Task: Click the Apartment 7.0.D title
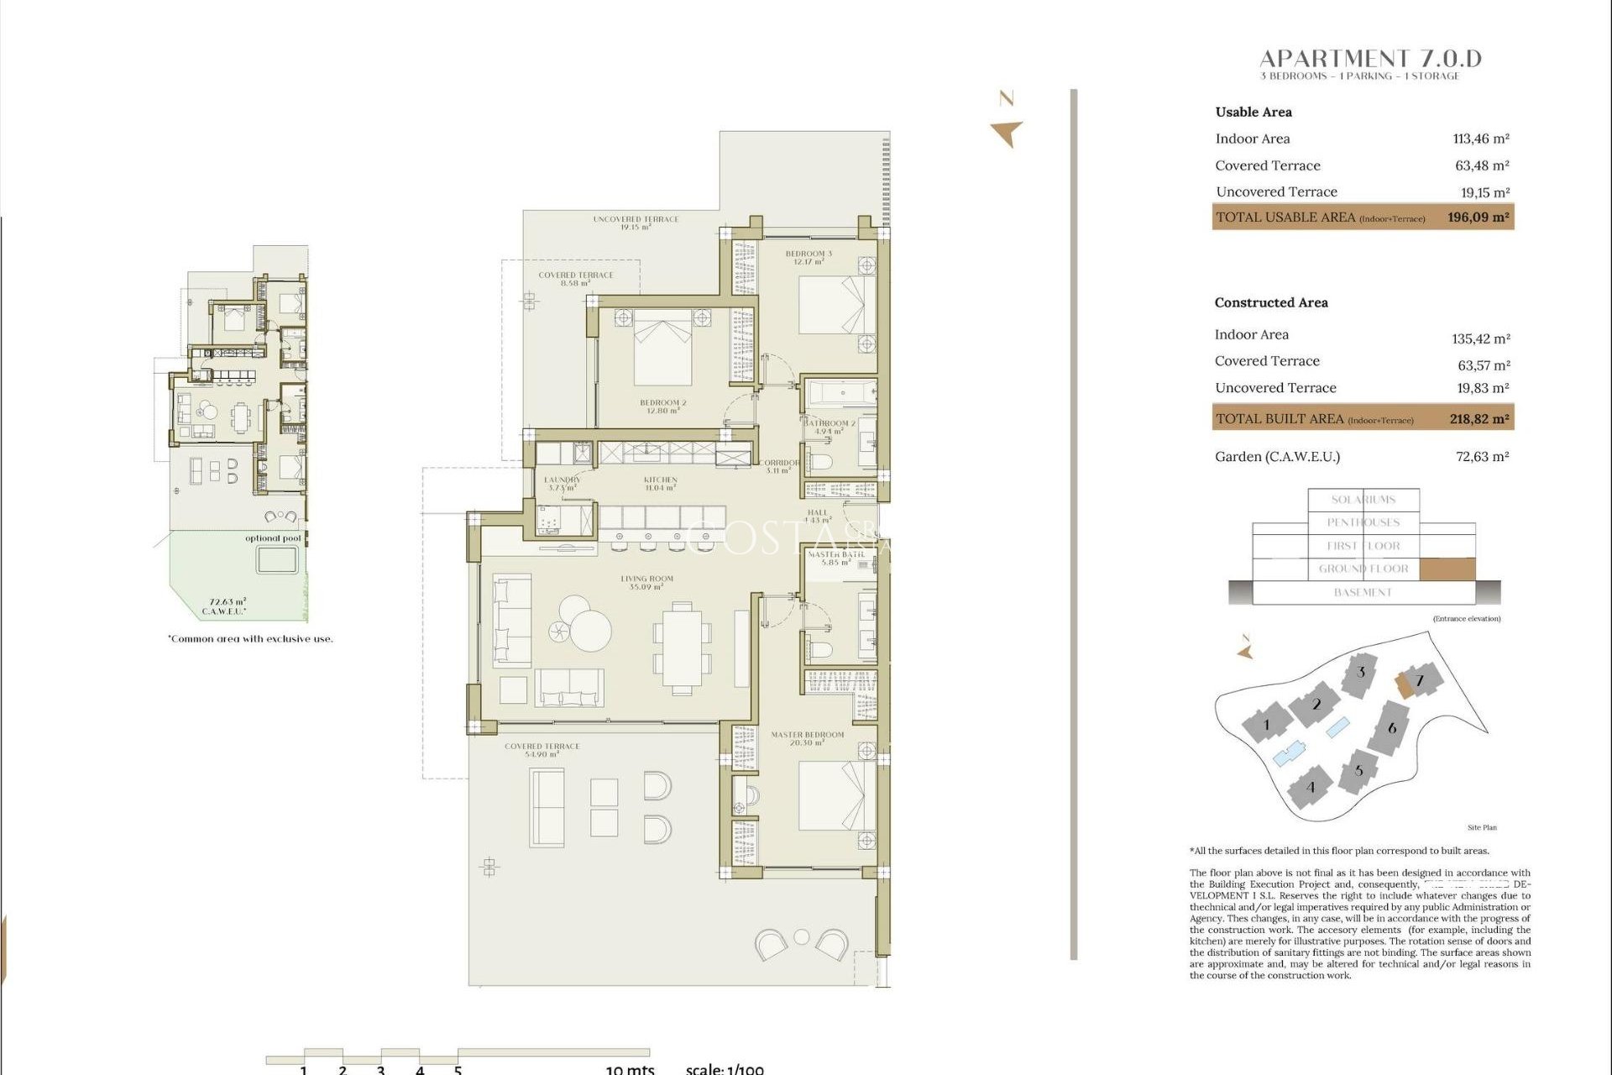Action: point(1370,59)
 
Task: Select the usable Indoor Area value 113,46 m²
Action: point(1481,139)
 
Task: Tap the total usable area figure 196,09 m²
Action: point(1478,218)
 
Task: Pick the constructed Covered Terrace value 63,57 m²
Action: point(1484,365)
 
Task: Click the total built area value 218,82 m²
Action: point(1479,419)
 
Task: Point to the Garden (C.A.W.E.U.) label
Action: point(1277,457)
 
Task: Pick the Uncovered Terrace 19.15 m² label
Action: point(636,223)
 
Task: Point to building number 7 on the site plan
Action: point(1420,680)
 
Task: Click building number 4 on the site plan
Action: point(1311,787)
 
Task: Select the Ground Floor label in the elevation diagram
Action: point(1363,569)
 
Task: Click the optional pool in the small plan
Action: point(276,560)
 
